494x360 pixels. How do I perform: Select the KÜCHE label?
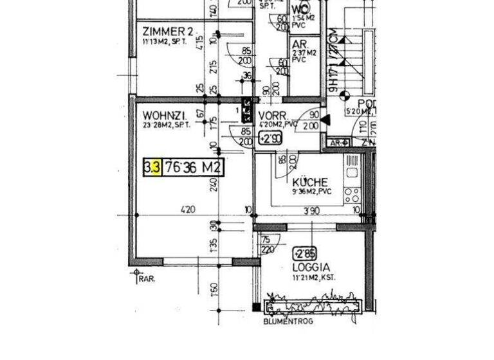pyautogui.click(x=310, y=182)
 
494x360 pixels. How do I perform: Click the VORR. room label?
pyautogui.click(x=272, y=115)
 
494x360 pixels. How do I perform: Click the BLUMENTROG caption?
pyautogui.click(x=288, y=321)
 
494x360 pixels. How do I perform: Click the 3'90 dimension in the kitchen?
pyautogui.click(x=311, y=210)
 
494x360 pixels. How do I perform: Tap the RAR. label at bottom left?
pyautogui.click(x=146, y=279)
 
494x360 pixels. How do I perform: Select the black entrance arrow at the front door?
pyautogui.click(x=325, y=120)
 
